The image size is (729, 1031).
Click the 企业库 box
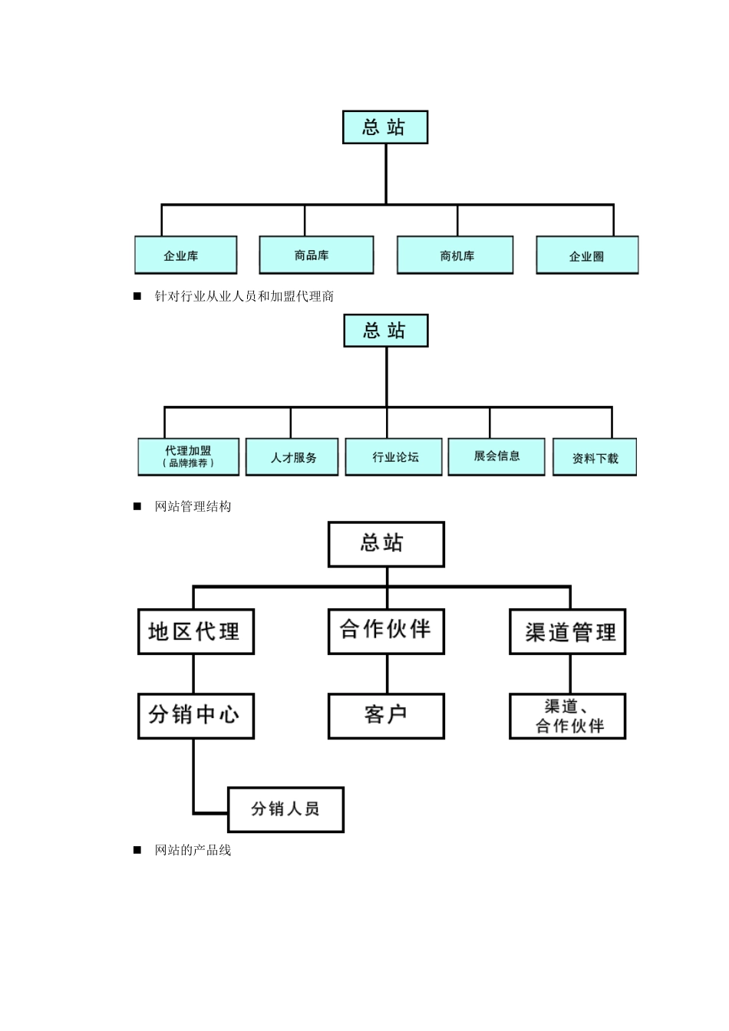[186, 255]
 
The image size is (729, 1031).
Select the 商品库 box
[316, 255]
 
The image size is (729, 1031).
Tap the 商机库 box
[455, 255]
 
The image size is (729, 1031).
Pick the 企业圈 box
[587, 255]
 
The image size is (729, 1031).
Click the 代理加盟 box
[189, 456]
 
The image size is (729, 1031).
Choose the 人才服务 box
[292, 457]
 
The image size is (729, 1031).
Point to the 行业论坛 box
[394, 457]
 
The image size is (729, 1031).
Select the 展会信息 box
[496, 456]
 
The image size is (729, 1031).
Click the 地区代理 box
[196, 632]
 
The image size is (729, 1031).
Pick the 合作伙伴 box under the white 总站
[386, 632]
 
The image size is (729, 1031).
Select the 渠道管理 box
[568, 632]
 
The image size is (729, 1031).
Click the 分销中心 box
[196, 716]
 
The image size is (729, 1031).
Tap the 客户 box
[386, 716]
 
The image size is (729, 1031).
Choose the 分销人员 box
[285, 809]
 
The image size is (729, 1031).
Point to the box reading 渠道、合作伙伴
[568, 716]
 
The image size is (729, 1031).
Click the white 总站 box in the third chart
[386, 545]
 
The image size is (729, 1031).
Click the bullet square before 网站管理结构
[138, 506]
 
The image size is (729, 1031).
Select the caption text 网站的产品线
[193, 850]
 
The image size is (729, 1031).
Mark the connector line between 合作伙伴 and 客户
[387, 674]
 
